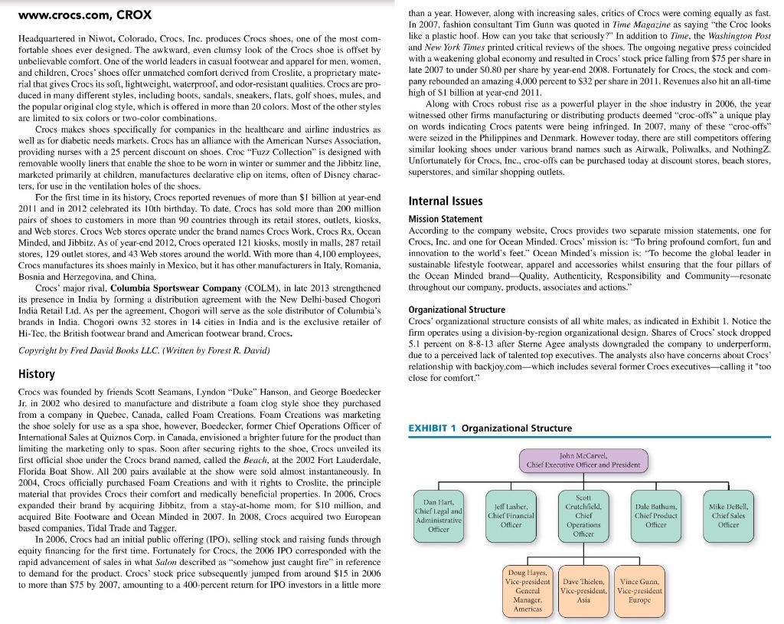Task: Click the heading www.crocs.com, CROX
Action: pos(84,15)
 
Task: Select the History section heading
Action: pos(35,374)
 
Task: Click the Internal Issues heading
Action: pos(446,201)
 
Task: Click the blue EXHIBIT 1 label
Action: pos(441,428)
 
